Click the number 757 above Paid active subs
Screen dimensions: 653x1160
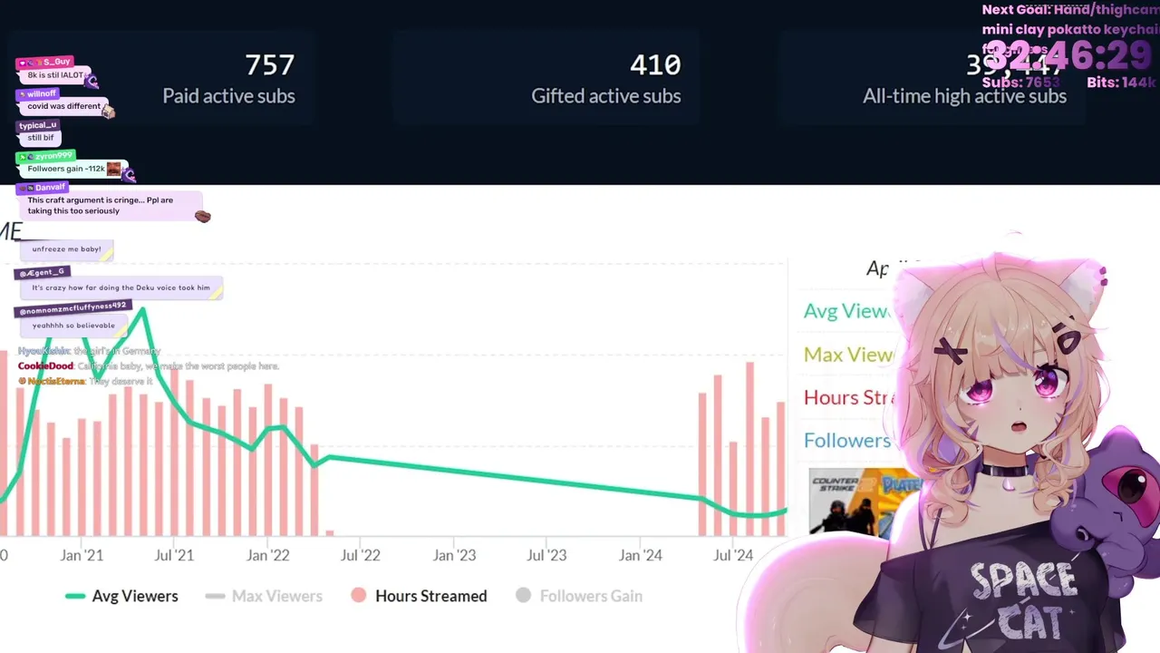point(269,65)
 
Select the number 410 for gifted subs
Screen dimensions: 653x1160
point(654,65)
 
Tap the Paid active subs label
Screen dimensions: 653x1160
point(228,96)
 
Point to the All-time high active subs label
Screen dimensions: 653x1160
point(964,96)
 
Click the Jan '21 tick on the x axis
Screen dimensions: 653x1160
point(82,555)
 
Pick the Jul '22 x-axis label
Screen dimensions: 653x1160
point(360,555)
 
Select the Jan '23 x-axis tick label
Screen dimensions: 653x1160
point(454,555)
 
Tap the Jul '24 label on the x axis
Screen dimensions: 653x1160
point(733,555)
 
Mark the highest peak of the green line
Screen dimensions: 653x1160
point(142,310)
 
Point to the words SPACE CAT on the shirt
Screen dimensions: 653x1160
point(1024,599)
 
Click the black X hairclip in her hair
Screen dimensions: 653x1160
point(951,347)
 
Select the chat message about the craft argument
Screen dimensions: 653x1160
point(100,205)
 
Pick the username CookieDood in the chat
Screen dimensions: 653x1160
point(45,366)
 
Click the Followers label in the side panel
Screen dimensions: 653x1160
point(847,441)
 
